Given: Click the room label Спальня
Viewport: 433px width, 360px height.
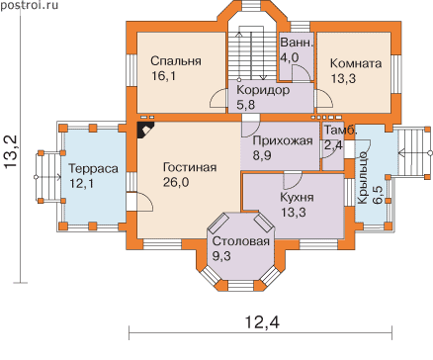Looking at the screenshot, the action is coord(176,61).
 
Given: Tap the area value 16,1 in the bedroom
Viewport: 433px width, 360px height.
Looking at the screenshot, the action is coord(164,76).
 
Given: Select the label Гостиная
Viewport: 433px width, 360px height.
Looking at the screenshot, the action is coord(190,167).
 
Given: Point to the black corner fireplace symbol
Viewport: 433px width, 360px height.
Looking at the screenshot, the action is coord(145,131).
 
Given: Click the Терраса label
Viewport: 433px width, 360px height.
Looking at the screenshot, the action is coord(93,168).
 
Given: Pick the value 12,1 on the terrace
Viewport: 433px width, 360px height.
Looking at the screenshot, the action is coord(81,183).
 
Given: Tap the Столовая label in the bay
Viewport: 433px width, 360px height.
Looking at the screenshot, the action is coord(241,241).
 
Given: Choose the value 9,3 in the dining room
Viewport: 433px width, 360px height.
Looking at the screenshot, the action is coord(221,256).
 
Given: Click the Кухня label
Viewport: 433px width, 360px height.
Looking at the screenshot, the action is coord(297,197).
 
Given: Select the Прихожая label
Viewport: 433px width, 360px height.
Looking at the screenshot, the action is coord(283,141).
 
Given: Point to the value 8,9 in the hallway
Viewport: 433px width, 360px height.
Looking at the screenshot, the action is coord(262,155).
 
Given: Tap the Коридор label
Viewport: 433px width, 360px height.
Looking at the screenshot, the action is coord(263,90).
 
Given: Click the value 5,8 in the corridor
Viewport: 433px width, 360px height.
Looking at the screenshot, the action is coord(246,105).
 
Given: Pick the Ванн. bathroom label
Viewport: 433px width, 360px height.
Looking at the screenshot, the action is coord(297,43).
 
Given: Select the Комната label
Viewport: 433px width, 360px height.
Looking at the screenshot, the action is coord(356,63).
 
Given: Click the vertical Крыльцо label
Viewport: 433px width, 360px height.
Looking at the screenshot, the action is coord(362,178).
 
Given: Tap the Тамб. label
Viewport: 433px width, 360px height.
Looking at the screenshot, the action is coord(340,130).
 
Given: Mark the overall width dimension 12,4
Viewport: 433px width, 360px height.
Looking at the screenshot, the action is coord(263,322).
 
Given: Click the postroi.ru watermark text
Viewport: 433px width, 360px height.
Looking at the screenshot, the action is coord(29,5).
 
